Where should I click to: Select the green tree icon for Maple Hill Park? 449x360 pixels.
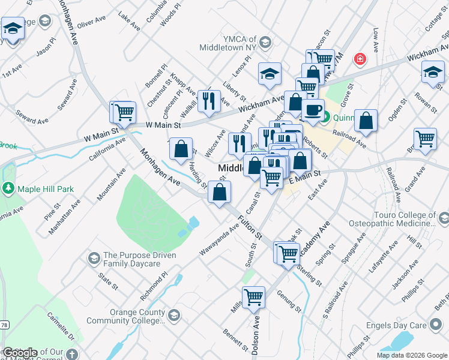[x=8, y=189]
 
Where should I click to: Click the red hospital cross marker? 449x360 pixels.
[x=360, y=59]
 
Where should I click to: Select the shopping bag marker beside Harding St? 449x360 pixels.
[x=180, y=148]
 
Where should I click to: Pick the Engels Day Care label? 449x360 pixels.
[x=396, y=326]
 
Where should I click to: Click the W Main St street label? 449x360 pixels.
[x=163, y=125]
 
